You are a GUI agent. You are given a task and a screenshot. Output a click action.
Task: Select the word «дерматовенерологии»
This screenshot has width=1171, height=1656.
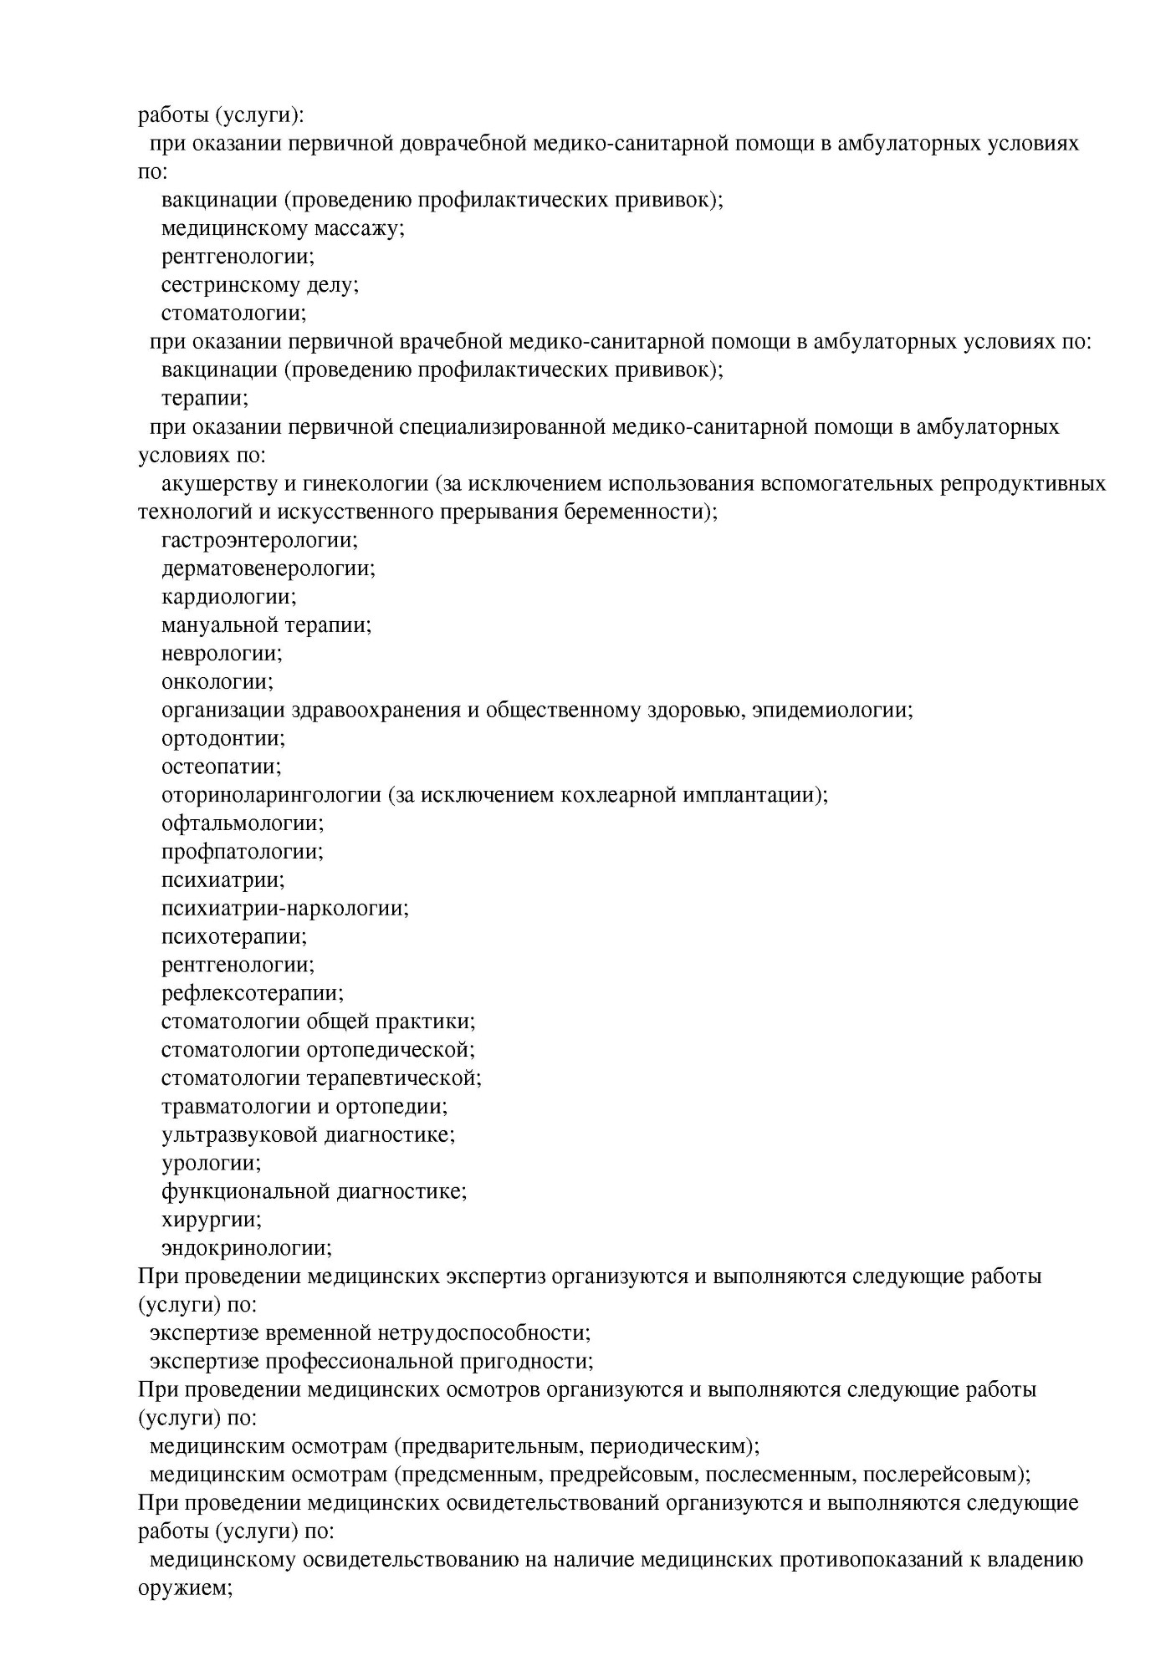pyautogui.click(x=268, y=569)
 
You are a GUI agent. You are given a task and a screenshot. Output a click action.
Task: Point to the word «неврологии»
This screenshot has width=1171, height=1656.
pyautogui.click(x=222, y=654)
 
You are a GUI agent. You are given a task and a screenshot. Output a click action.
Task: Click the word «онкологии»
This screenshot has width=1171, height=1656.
pyautogui.click(x=217, y=682)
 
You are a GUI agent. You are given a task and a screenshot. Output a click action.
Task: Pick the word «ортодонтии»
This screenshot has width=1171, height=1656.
pyautogui.click(x=222, y=739)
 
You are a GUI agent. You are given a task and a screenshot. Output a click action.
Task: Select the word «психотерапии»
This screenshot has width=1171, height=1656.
pyautogui.click(x=233, y=937)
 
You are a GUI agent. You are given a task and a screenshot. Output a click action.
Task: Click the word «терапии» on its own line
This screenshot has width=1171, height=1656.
pyautogui.click(x=204, y=399)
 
